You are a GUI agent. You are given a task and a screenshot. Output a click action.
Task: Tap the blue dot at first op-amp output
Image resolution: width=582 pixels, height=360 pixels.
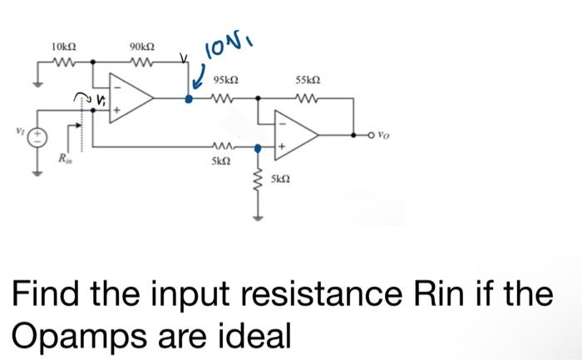tap(189, 98)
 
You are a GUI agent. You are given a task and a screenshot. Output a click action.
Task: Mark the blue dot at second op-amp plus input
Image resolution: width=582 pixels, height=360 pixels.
tap(259, 148)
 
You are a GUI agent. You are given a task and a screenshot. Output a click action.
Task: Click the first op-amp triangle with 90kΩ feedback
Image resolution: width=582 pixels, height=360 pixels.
tap(132, 97)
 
